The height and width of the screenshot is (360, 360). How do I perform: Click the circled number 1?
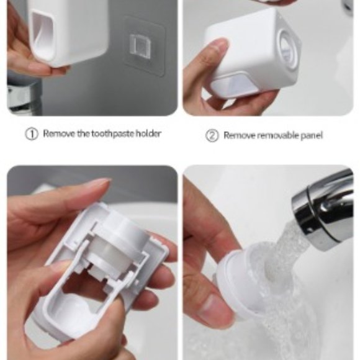(x=32, y=134)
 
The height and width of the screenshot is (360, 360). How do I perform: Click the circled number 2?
(x=212, y=135)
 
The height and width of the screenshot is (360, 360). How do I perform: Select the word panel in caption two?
(x=310, y=135)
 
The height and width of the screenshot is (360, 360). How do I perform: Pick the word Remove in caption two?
(x=237, y=135)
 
